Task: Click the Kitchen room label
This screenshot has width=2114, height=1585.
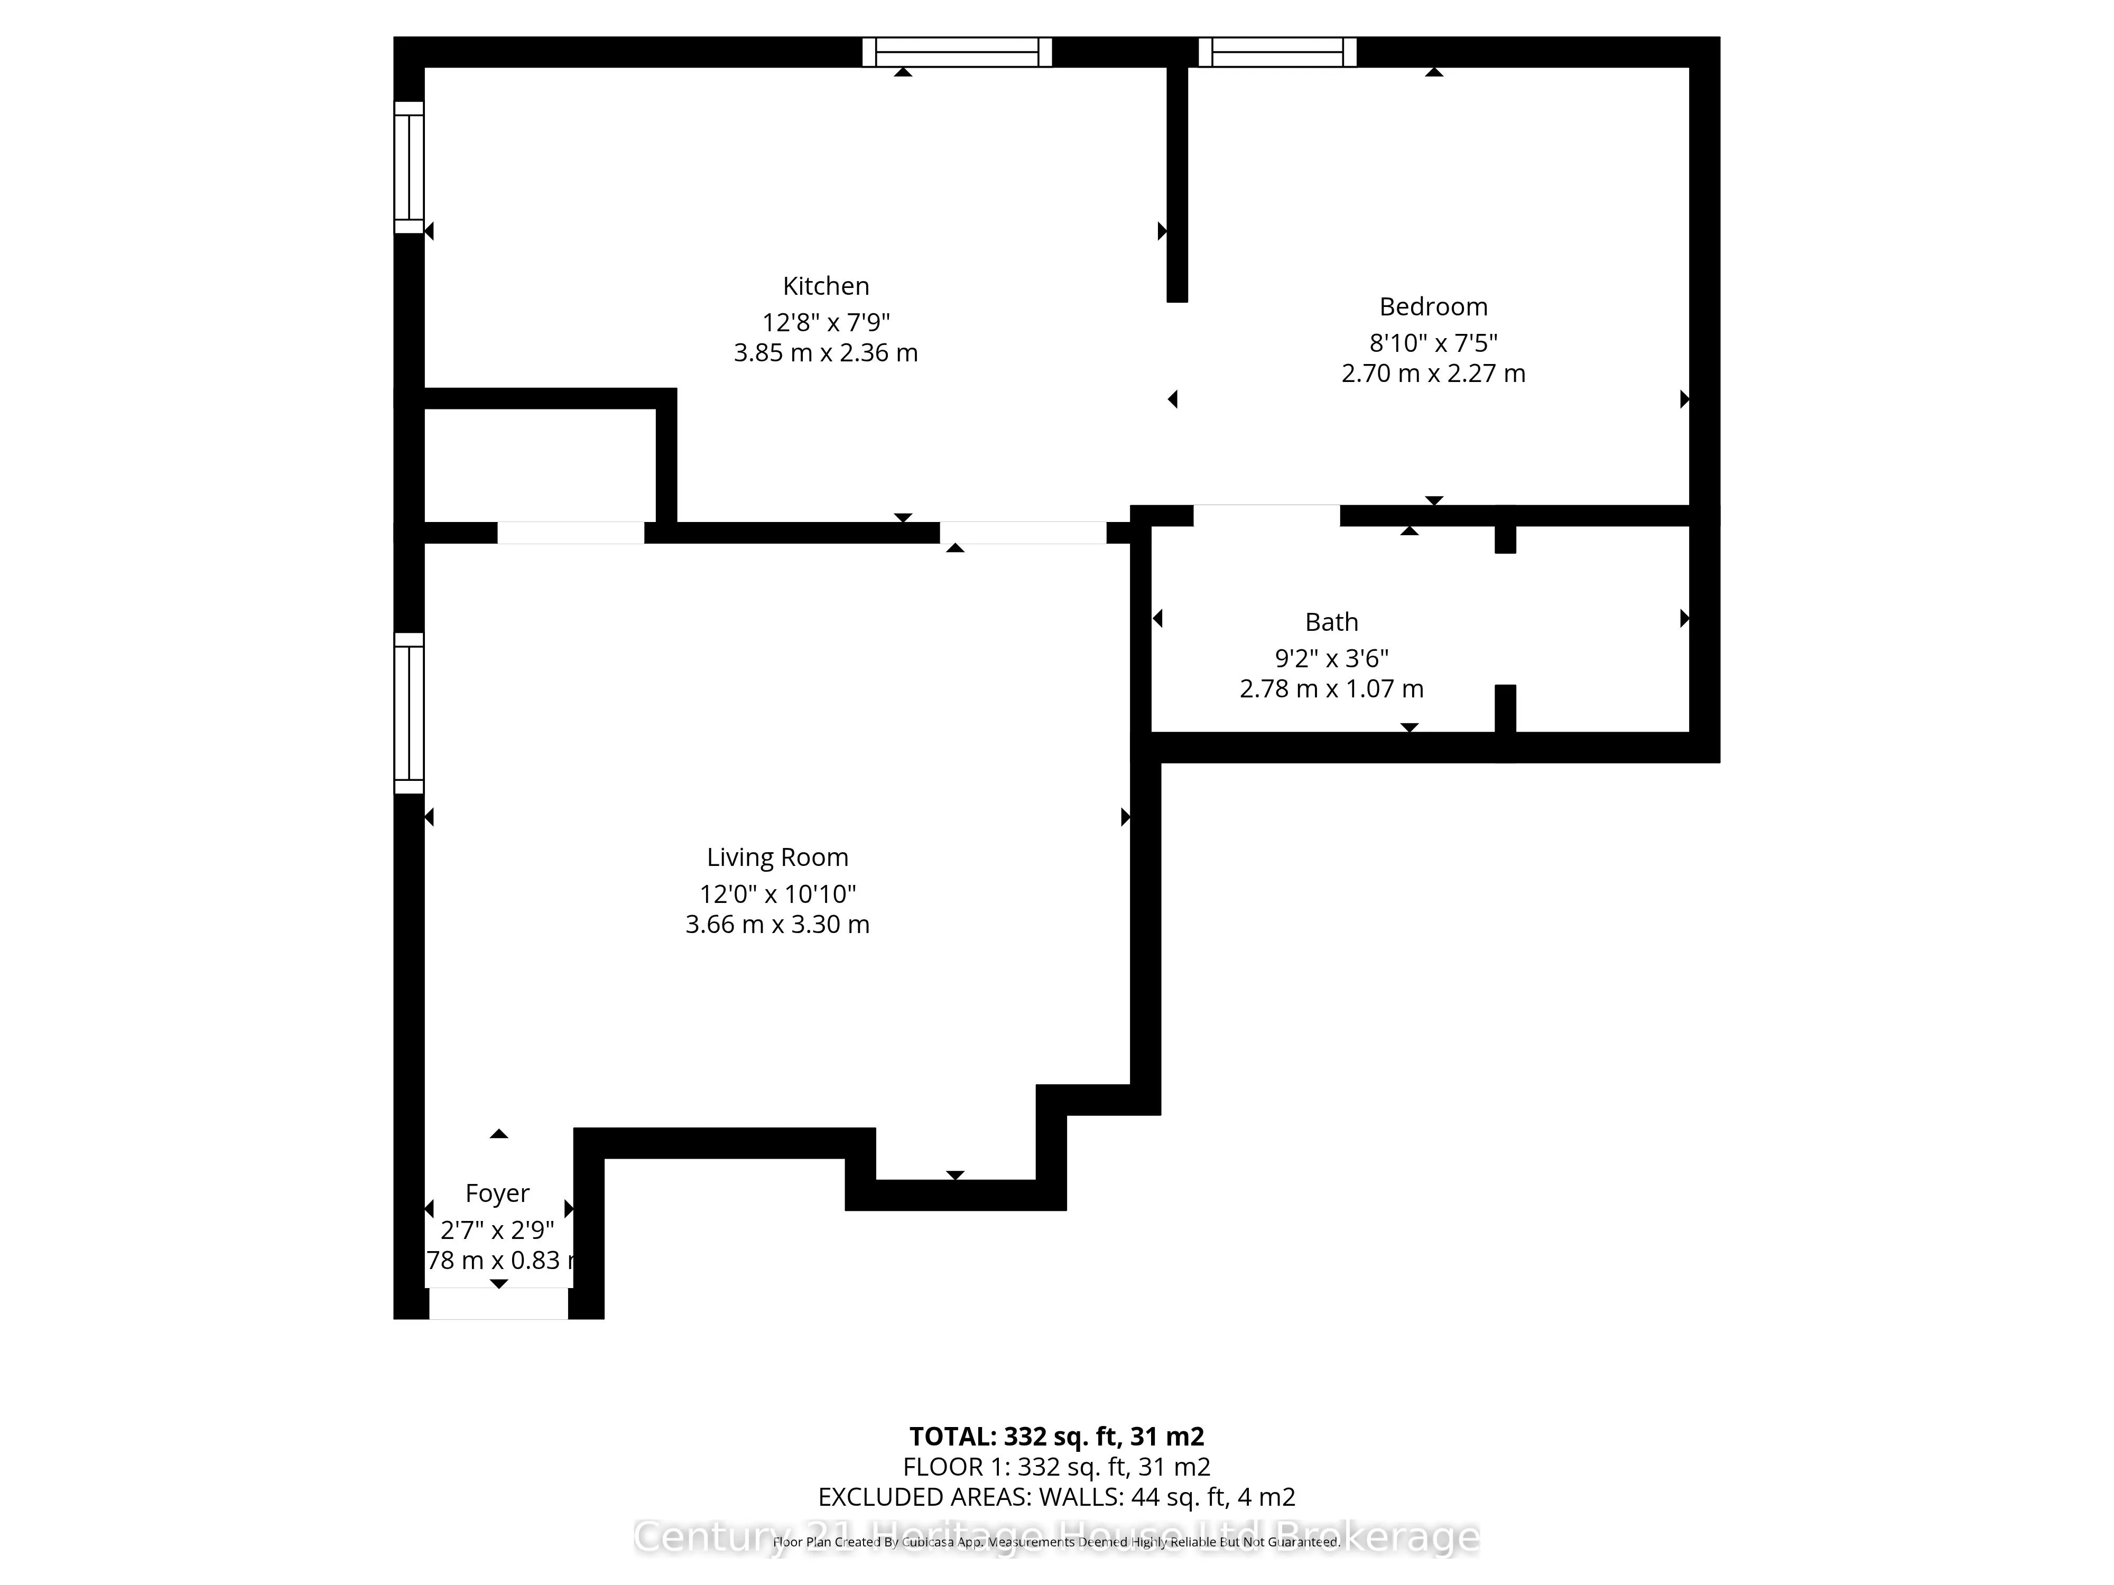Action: coord(826,286)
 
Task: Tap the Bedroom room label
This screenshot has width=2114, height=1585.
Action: coord(1433,306)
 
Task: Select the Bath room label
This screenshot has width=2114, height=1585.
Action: coord(1331,622)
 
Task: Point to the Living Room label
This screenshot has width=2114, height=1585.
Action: coord(777,857)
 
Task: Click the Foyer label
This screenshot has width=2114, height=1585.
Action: coord(497,1194)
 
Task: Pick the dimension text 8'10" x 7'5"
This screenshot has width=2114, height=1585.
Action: coord(1433,342)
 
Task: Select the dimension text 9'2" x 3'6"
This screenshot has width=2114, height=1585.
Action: coord(1331,658)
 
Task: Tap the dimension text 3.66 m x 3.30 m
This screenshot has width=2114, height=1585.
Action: coord(777,925)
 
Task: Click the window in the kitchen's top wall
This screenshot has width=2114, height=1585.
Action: coord(957,52)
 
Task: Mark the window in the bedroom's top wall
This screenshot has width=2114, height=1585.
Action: coord(1277,52)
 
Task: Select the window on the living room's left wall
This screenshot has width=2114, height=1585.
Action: coord(409,713)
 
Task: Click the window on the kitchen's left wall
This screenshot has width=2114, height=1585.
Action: coord(409,167)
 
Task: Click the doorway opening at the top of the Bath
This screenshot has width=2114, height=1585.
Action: coord(1266,516)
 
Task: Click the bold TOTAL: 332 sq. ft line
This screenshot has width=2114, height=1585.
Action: coord(1056,1436)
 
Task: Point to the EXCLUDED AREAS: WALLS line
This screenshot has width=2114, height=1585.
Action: coord(1056,1497)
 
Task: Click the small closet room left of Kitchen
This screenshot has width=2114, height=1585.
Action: coord(540,465)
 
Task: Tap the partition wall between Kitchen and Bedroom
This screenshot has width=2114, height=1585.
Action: coord(1176,182)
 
